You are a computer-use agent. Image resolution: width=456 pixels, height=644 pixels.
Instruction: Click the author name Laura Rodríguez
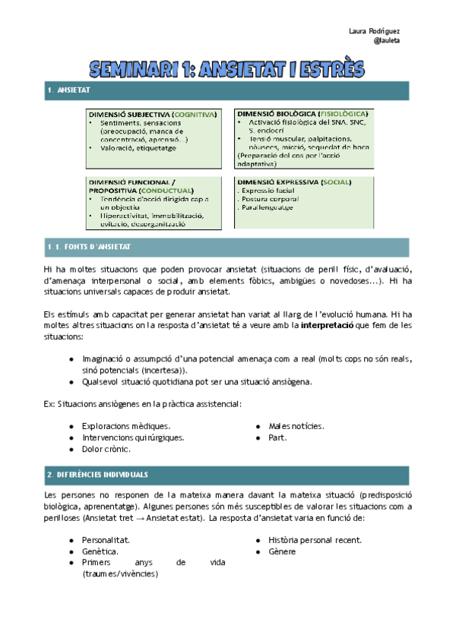click(x=374, y=30)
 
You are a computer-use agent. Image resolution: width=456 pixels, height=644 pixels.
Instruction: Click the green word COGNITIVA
click(x=193, y=114)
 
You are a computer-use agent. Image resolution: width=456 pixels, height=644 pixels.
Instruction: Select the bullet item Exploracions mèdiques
click(x=125, y=426)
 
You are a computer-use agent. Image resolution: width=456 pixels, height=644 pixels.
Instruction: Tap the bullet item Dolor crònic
click(x=107, y=450)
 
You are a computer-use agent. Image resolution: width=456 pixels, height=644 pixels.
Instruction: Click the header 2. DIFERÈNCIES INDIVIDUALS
click(x=97, y=474)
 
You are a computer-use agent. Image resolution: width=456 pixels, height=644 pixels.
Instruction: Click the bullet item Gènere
click(x=281, y=551)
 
